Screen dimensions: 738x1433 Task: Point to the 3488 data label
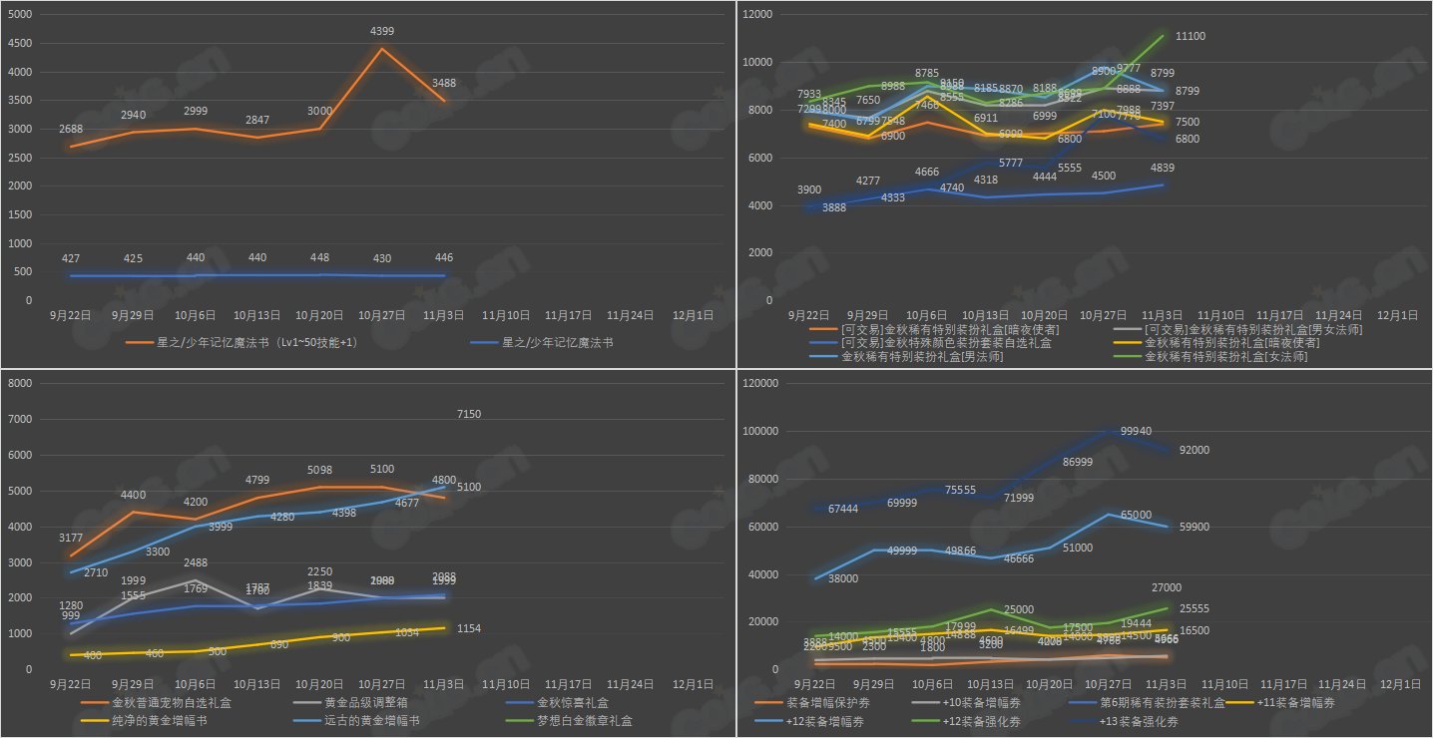tap(445, 83)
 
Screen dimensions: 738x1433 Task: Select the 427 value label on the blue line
tap(71, 259)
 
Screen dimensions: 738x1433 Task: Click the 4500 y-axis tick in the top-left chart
tap(19, 44)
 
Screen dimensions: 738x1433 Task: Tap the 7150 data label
tap(470, 414)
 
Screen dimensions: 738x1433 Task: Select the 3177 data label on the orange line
tap(71, 539)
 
